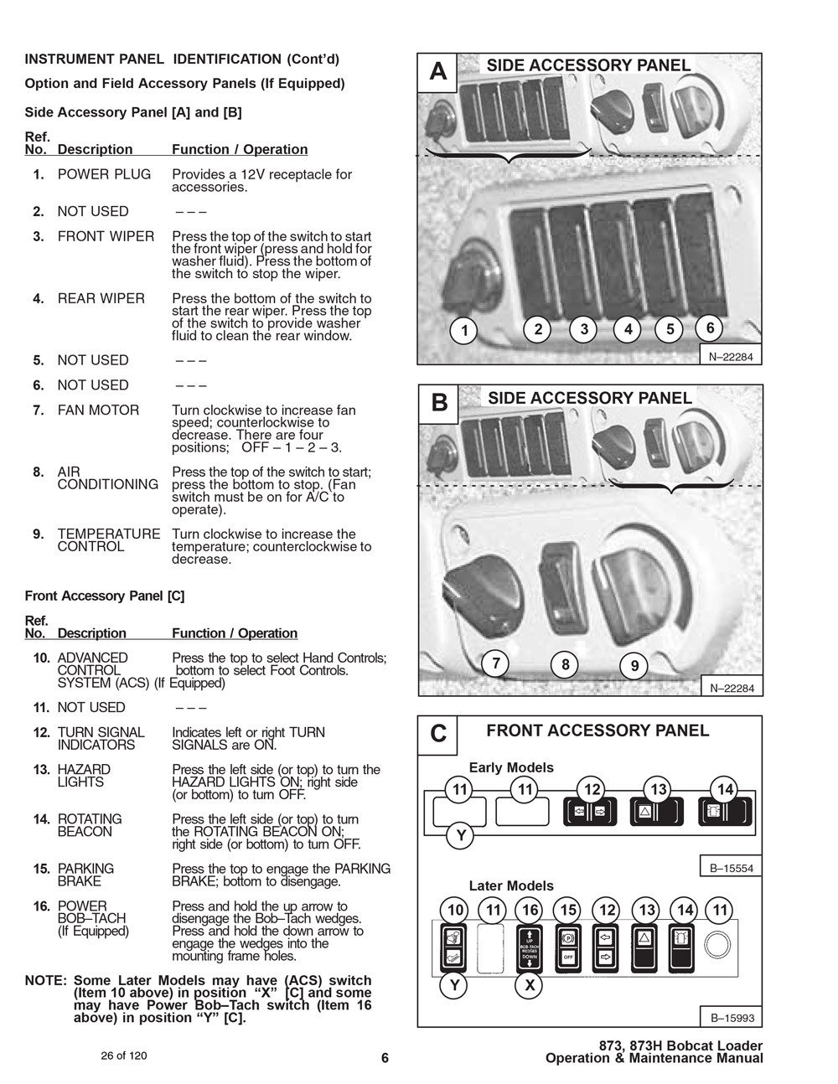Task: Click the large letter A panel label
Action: tap(438, 72)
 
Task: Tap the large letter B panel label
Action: tap(439, 403)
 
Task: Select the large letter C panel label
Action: tap(438, 734)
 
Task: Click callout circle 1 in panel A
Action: tap(464, 330)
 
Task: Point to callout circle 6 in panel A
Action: tap(710, 328)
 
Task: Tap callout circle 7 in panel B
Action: tap(496, 663)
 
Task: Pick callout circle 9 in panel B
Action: tap(634, 666)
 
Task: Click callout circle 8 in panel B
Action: tap(566, 665)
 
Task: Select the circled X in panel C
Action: tap(530, 985)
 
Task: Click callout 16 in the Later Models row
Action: tap(530, 910)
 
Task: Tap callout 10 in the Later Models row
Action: tap(455, 910)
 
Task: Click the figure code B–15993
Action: tap(732, 1019)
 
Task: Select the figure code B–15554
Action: tap(732, 869)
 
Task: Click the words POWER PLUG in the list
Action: tap(104, 174)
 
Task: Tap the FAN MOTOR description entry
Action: tap(98, 410)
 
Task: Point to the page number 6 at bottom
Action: tap(385, 1057)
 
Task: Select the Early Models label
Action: tap(511, 767)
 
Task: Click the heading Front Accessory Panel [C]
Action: tap(105, 596)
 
